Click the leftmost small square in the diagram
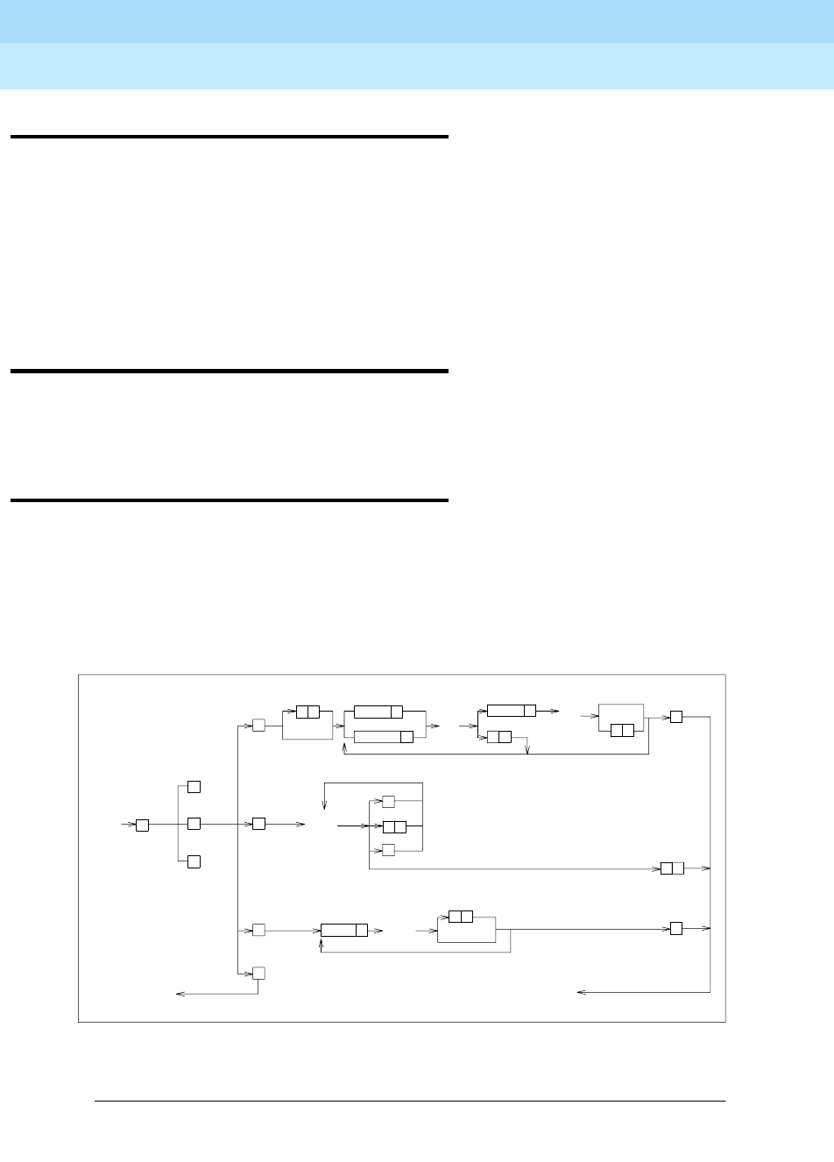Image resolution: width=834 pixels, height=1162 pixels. click(x=142, y=825)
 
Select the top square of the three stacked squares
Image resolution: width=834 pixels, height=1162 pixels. click(x=194, y=786)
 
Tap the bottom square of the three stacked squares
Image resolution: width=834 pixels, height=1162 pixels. click(x=194, y=861)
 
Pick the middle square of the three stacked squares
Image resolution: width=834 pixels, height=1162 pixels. click(x=194, y=824)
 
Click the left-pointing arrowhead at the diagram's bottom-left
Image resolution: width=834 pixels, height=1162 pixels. click(x=180, y=994)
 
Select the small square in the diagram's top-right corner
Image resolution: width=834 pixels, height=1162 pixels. click(x=675, y=717)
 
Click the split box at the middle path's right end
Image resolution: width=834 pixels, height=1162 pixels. click(x=672, y=868)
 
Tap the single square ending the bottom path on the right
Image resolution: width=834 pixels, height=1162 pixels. click(x=675, y=928)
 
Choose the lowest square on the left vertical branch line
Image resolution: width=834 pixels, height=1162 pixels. click(x=258, y=973)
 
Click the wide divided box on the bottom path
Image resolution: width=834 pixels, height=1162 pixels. click(x=343, y=930)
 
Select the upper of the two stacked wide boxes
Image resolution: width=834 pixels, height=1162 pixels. click(x=378, y=712)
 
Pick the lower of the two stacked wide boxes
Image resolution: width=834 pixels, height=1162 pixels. click(x=383, y=736)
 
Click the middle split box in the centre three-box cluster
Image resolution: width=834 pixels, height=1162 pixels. click(x=394, y=826)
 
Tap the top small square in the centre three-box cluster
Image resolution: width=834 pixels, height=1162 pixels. click(x=388, y=802)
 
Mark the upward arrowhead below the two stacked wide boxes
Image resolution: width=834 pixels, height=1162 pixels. click(x=344, y=748)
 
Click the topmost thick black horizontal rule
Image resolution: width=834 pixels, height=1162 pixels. click(x=230, y=138)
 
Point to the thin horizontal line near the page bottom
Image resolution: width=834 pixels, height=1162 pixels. click(x=410, y=1102)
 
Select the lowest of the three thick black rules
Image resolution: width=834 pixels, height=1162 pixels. click(x=230, y=500)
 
